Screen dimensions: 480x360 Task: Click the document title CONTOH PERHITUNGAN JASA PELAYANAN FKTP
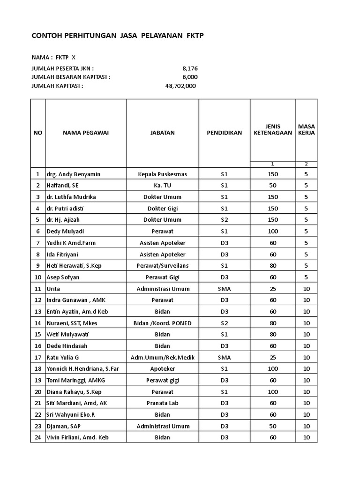coord(118,36)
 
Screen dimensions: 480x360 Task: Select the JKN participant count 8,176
coord(190,68)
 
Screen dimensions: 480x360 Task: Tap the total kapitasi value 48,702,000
coord(180,86)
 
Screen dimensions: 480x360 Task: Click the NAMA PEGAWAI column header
coord(86,133)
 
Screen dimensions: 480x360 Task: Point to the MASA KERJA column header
coord(306,129)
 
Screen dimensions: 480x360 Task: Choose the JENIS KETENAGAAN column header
coord(272,129)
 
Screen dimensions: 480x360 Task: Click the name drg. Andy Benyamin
coord(73,174)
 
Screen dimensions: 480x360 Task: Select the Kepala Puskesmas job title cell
coord(162,174)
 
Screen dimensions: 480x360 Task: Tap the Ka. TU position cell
coord(162,186)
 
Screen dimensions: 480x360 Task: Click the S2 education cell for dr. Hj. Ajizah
coord(224,220)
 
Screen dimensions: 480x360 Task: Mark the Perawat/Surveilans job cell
coord(162,266)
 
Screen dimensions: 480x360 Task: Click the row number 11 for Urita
coord(37,289)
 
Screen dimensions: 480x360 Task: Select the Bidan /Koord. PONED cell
coord(162,323)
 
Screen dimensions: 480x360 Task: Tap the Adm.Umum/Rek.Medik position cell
coord(162,357)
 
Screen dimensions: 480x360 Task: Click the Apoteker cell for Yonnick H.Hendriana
coord(162,369)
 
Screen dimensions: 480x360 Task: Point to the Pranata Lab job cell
coord(162,403)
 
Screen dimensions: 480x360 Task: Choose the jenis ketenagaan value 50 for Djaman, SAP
coord(273,426)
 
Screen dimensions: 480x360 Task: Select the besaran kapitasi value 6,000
coord(190,77)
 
